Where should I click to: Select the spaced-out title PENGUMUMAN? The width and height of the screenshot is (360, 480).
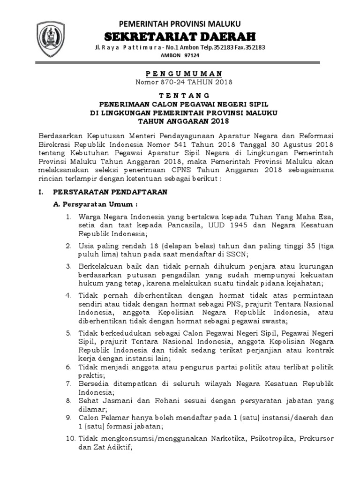[180, 74]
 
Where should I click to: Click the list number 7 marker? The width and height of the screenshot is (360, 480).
[68, 383]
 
